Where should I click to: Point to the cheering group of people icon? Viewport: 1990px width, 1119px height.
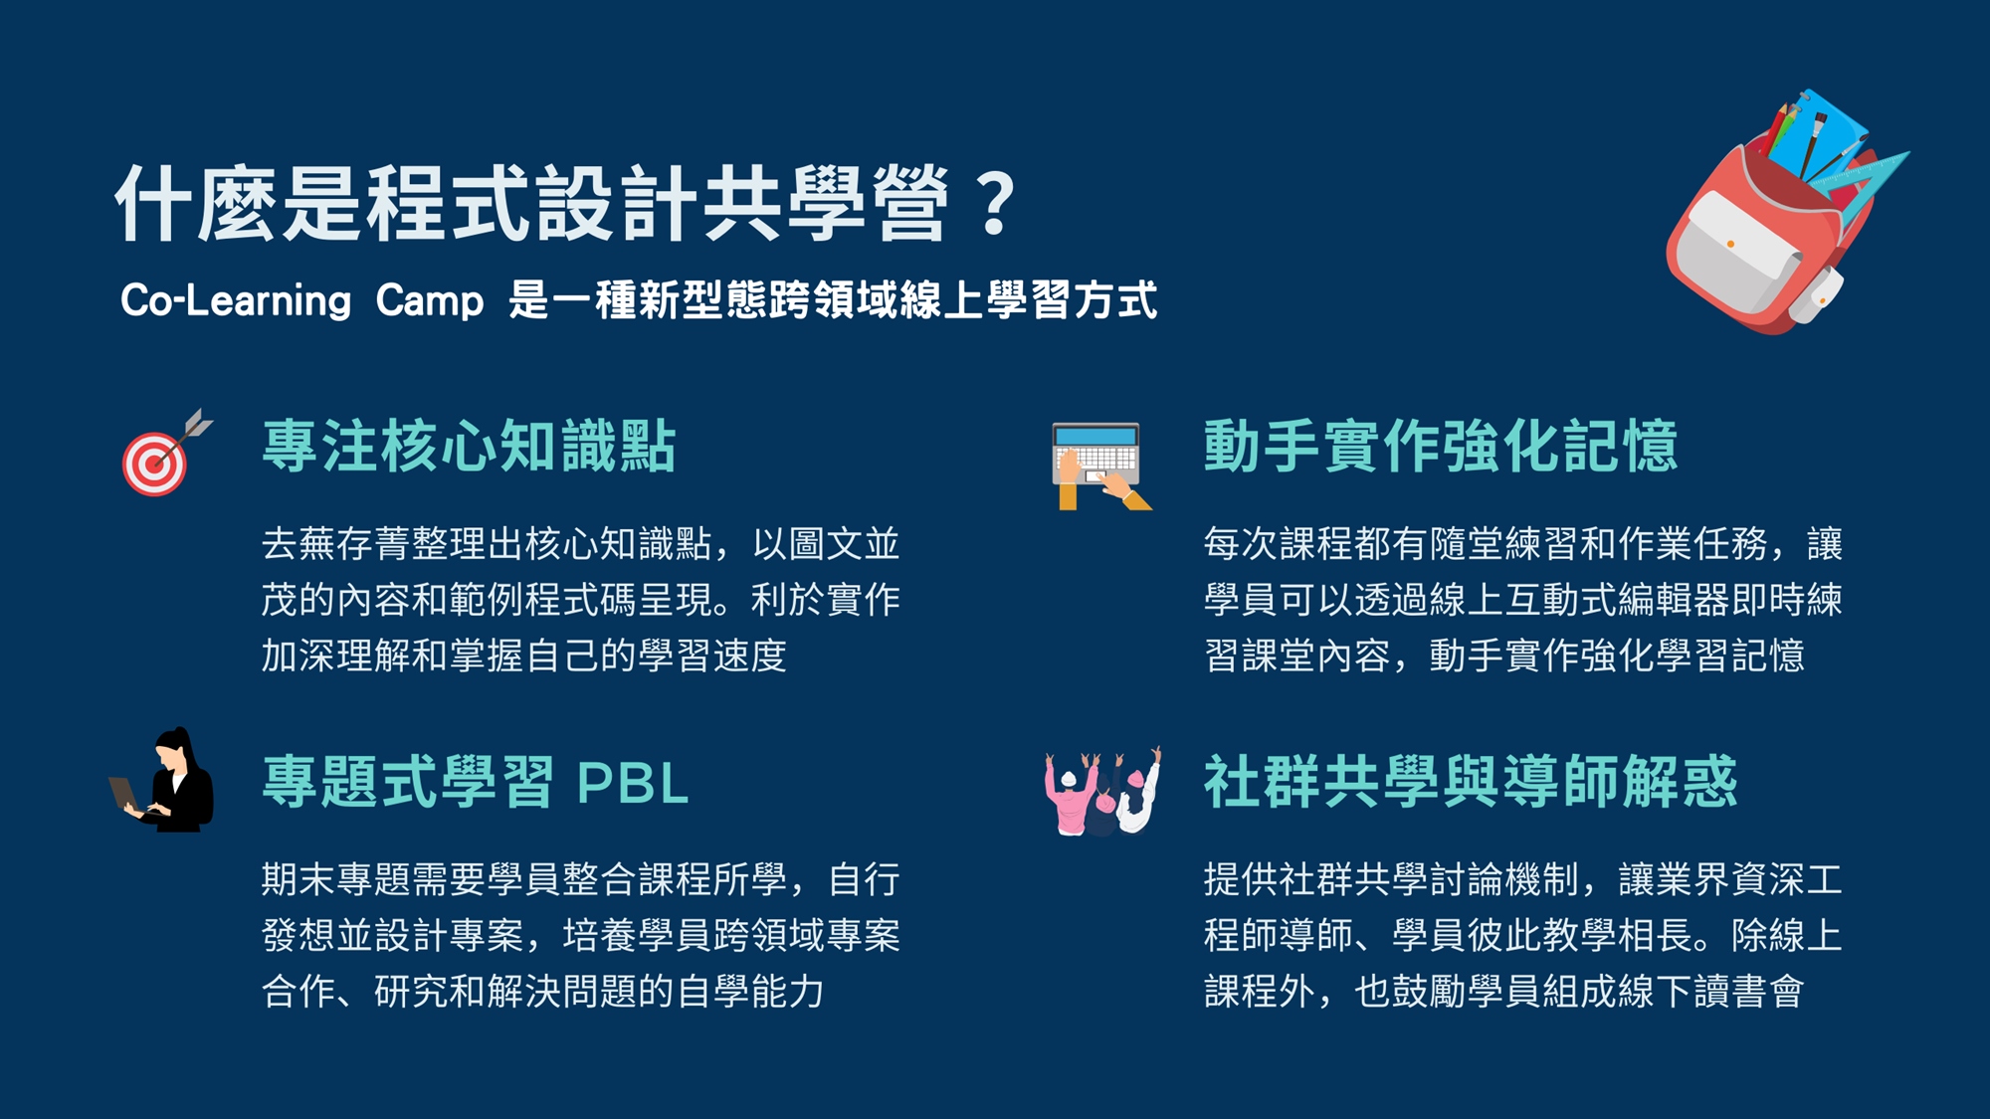click(x=1102, y=791)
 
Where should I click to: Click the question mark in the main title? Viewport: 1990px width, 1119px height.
click(x=995, y=204)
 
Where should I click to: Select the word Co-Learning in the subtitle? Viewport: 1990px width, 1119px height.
click(x=236, y=300)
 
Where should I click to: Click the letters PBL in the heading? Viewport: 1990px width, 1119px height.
click(x=633, y=784)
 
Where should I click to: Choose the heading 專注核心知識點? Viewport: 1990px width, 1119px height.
click(x=470, y=446)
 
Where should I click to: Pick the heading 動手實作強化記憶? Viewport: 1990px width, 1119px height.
click(x=1441, y=446)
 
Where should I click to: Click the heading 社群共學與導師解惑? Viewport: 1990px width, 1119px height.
click(x=1471, y=782)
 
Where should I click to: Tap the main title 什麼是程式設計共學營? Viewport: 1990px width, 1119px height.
click(x=532, y=204)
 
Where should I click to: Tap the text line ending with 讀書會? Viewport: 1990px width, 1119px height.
click(x=1503, y=992)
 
